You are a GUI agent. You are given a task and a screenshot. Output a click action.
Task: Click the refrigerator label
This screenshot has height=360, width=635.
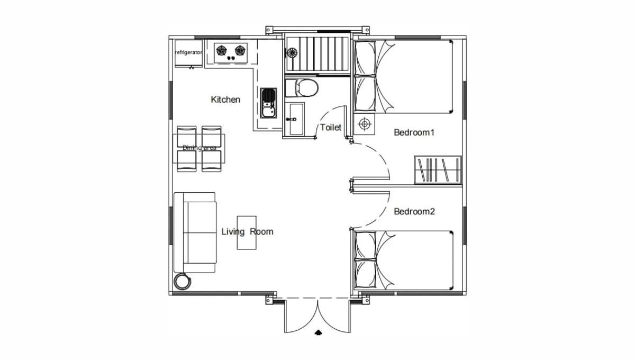coord(188,52)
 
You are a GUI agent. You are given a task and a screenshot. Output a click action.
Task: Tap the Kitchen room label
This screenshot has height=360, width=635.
coord(225,100)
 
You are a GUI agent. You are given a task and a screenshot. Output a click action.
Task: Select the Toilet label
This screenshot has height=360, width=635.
coord(331,128)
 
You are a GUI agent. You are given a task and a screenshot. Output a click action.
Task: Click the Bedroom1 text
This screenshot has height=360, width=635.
coord(414,132)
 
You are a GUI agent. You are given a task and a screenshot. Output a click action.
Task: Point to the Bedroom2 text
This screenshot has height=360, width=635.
coord(414,211)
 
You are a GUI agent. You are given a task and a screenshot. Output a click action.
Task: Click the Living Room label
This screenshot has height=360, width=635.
coord(247,231)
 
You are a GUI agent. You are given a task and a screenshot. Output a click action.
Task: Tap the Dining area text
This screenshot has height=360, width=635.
coord(199,148)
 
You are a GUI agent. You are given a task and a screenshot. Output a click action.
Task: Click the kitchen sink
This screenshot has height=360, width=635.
coord(268,103)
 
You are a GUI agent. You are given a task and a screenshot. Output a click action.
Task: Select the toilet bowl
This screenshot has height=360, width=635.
coord(302,88)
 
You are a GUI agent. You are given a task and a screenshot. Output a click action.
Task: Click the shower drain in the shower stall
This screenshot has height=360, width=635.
coord(292,53)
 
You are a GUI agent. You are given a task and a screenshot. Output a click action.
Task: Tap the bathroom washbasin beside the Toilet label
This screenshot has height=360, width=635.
coord(294,119)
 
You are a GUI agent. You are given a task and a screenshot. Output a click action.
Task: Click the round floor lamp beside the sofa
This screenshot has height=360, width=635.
coord(182,281)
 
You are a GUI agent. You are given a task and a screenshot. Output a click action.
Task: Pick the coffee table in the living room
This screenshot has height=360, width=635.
coord(247,232)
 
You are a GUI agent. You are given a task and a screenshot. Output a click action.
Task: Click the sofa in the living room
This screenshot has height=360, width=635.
coord(195,232)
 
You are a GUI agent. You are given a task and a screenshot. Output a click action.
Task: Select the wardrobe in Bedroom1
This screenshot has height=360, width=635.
coord(438,169)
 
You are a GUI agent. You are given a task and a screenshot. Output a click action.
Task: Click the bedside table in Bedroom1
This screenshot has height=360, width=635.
coord(365,124)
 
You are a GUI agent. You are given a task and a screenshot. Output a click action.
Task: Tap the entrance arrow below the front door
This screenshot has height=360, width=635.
coord(318,332)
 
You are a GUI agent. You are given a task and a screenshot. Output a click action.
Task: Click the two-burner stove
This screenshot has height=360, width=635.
coord(231,53)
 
